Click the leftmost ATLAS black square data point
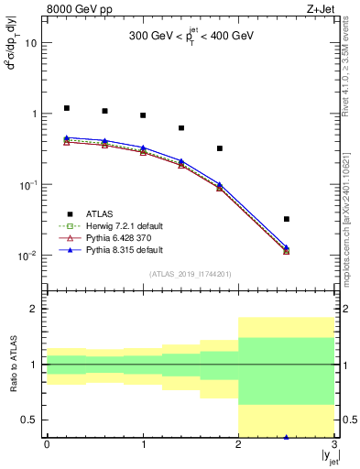tap(66, 108)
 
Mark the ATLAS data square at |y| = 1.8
tap(220, 148)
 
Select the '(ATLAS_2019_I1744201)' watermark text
tap(190, 274)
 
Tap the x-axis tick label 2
tap(239, 444)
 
